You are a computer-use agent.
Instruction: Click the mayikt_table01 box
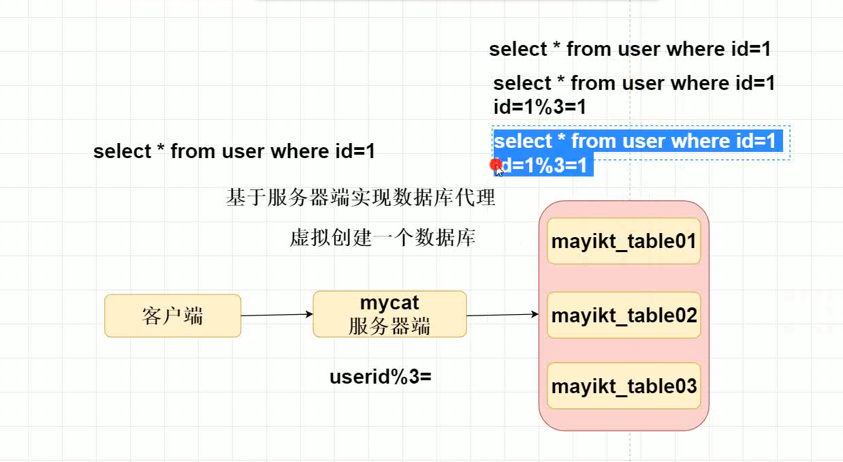(x=624, y=241)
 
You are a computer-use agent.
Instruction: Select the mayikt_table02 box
(x=624, y=315)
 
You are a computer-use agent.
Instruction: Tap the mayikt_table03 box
(x=624, y=386)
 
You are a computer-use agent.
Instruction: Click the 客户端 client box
(x=172, y=315)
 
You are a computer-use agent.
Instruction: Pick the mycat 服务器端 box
(x=389, y=314)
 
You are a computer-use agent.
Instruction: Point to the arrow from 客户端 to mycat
(x=276, y=315)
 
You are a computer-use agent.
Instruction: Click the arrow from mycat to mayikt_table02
(x=503, y=315)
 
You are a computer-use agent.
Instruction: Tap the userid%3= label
(x=381, y=376)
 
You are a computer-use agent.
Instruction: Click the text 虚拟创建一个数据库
(x=382, y=238)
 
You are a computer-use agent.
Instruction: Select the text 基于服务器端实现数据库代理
(x=360, y=198)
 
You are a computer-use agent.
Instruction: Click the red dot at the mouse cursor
(x=496, y=164)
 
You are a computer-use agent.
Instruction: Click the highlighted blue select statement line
(x=637, y=141)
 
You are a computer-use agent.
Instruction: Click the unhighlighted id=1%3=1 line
(x=539, y=107)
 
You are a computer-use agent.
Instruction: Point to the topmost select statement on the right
(x=629, y=49)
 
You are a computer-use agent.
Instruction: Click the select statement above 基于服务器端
(x=234, y=151)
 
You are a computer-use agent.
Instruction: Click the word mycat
(x=389, y=303)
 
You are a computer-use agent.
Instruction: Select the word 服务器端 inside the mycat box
(x=389, y=326)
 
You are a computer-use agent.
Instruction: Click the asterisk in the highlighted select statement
(x=561, y=140)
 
